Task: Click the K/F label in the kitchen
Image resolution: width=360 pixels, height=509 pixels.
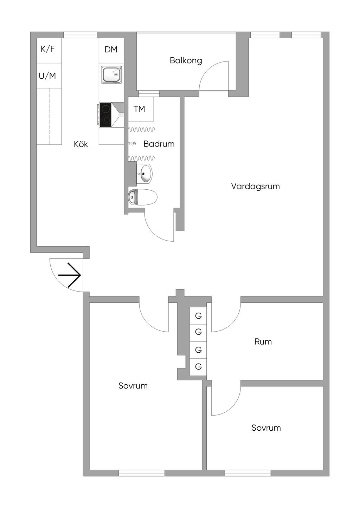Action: [x=48, y=49]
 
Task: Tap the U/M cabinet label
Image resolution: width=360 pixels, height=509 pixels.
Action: [x=47, y=76]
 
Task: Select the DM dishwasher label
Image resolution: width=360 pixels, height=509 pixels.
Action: [x=111, y=50]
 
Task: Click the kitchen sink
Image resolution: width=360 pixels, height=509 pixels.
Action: [x=112, y=75]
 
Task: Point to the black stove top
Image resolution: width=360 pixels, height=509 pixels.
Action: [x=106, y=115]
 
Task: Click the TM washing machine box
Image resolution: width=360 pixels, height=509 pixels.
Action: [x=140, y=109]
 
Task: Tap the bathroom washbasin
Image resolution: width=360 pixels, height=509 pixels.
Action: [x=145, y=174]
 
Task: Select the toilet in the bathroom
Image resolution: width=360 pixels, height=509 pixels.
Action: [x=143, y=197]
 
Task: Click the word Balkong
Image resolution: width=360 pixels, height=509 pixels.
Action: [x=186, y=60]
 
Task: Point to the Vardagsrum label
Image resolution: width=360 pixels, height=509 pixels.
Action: [x=255, y=186]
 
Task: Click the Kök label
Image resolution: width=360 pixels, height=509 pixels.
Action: [x=81, y=144]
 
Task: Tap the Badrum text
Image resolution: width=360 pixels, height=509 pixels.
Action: [x=159, y=144]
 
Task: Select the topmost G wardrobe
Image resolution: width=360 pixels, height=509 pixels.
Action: [x=198, y=316]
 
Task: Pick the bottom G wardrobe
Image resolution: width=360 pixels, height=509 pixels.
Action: [x=198, y=367]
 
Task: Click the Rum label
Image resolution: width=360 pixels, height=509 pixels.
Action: [x=263, y=341]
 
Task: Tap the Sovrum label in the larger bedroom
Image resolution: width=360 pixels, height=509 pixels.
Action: [x=133, y=386]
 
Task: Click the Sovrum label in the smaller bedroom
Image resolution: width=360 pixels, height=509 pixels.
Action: [x=266, y=428]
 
